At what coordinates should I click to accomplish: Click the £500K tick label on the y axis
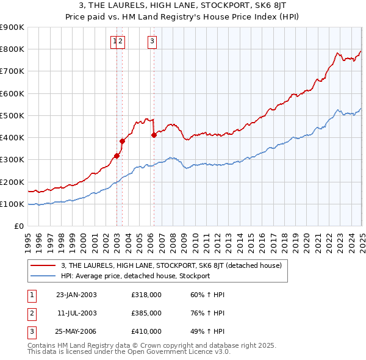(x=12, y=115)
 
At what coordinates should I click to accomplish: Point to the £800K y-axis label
(x=12, y=49)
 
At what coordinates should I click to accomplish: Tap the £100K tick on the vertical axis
(x=12, y=204)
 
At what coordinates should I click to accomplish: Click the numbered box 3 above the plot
(x=151, y=41)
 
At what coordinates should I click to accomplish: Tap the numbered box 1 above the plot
(x=114, y=41)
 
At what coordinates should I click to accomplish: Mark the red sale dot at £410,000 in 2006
(x=154, y=135)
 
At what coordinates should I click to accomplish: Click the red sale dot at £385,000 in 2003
(x=122, y=141)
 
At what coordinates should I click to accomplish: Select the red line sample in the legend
(x=43, y=266)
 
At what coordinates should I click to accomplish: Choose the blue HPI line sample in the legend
(x=43, y=276)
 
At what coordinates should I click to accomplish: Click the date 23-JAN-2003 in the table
(x=76, y=295)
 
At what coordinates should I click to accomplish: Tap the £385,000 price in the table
(x=146, y=313)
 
